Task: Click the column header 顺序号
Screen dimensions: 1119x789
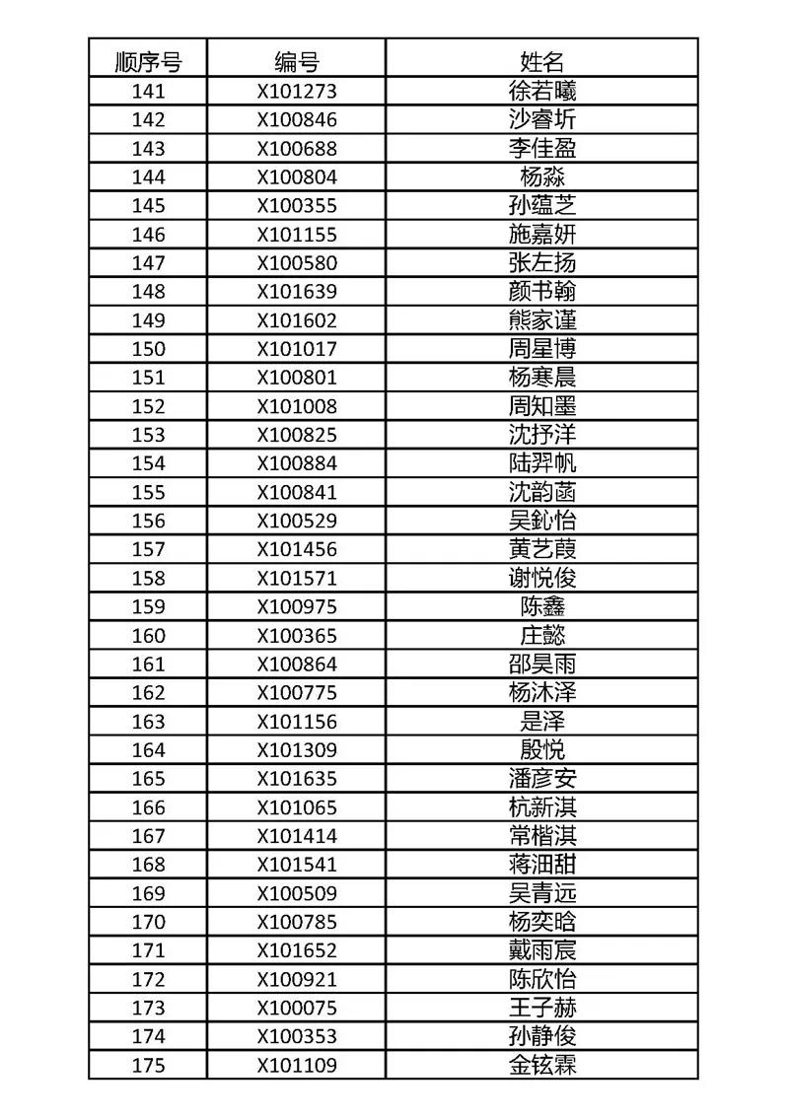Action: point(148,63)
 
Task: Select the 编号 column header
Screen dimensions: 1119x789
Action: point(297,63)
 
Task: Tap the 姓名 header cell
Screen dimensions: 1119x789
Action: point(542,63)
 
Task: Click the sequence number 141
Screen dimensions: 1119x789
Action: point(148,92)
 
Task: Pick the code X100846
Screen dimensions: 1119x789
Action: point(297,120)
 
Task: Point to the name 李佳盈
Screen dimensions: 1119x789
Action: point(542,149)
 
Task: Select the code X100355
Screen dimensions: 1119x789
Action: point(297,206)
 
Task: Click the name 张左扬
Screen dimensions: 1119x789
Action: point(542,263)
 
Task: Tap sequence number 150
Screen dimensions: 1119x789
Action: point(148,349)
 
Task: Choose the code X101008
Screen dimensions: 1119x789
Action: point(297,406)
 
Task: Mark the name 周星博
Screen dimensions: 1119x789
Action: point(542,349)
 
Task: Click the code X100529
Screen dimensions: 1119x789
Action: point(297,521)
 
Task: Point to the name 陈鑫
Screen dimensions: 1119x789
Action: point(542,606)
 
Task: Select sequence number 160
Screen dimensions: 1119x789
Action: point(148,636)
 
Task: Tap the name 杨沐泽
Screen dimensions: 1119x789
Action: point(542,693)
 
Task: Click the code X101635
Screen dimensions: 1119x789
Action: point(297,779)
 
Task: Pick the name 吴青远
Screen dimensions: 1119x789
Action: point(542,893)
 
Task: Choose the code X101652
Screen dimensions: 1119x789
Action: point(297,950)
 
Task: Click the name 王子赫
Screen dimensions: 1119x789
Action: point(542,1008)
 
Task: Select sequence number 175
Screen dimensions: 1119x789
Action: point(148,1066)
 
